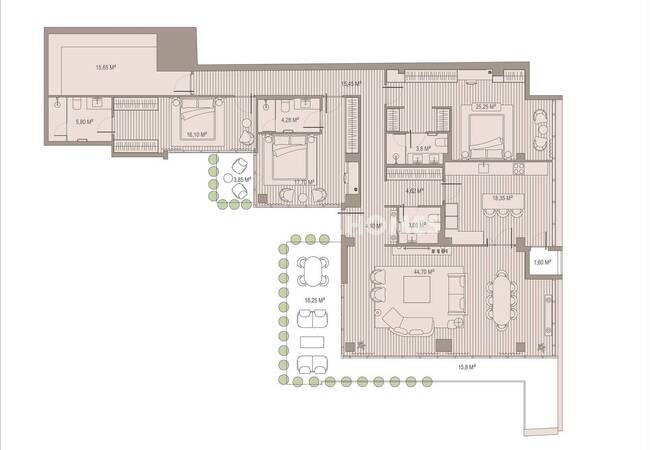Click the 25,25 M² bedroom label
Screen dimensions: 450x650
tap(488, 106)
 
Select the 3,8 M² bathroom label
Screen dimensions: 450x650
tap(423, 148)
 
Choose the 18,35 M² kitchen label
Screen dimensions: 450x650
tap(502, 198)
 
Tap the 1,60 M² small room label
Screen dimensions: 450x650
tap(541, 262)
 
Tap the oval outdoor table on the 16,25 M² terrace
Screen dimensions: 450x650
tap(313, 270)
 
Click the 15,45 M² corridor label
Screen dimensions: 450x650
tap(350, 84)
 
